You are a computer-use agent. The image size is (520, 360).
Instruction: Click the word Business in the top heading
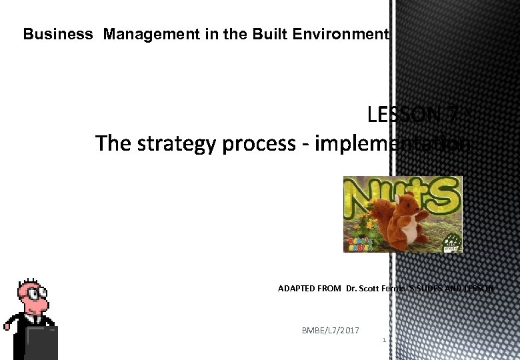[58, 34]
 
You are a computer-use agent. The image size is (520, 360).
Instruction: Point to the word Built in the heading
[268, 34]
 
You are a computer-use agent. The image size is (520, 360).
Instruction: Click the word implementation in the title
[393, 143]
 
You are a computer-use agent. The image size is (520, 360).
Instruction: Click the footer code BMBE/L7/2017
[330, 331]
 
